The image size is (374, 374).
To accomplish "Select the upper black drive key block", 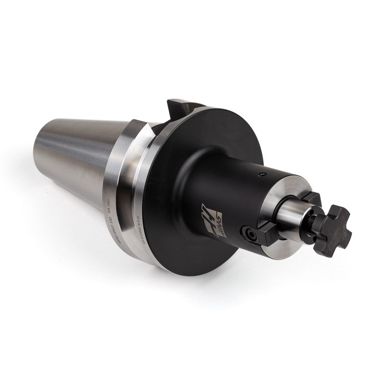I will [x=311, y=199].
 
